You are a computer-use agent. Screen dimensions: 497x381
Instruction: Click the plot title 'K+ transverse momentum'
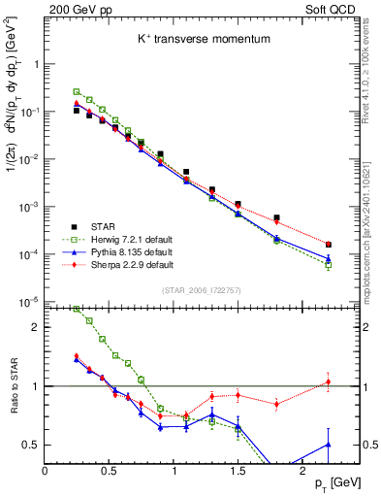coord(188,39)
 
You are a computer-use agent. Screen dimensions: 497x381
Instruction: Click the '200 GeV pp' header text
coord(74,10)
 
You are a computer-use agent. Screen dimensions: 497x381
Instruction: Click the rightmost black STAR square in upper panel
coord(328,245)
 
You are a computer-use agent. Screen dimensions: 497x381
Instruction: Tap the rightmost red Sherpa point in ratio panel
coord(328,381)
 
